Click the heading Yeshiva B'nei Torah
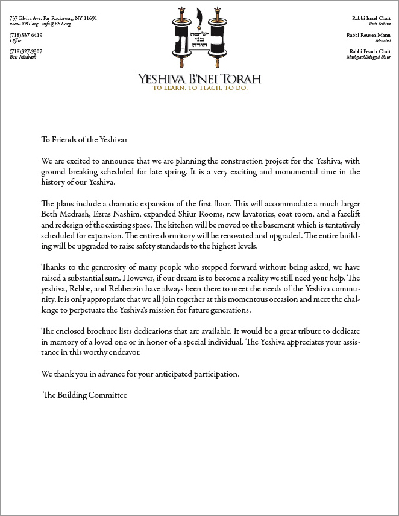tap(199, 79)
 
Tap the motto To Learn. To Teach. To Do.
tap(199, 88)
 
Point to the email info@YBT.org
tap(56, 24)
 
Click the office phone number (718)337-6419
tap(26, 35)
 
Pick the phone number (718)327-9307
tap(26, 51)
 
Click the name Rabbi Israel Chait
tap(371, 18)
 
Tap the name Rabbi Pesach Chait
tap(369, 51)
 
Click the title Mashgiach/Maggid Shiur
tap(368, 57)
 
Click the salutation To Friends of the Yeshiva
tap(84, 140)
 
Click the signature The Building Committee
tap(85, 395)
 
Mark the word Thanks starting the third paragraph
tap(53, 267)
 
